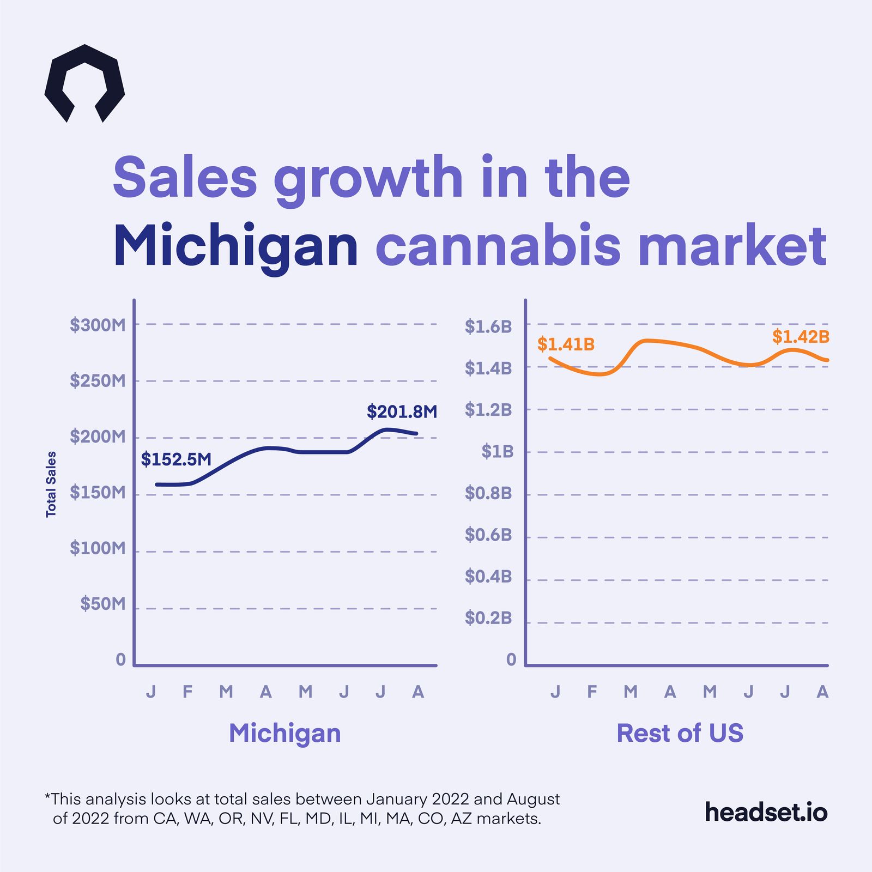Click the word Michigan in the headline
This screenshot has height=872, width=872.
[235, 246]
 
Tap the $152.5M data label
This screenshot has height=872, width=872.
[176, 459]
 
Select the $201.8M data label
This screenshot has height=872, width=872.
[402, 411]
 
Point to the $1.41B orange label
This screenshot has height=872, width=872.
[566, 344]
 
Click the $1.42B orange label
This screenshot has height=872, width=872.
[800, 337]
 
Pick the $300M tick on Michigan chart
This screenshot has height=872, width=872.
[98, 325]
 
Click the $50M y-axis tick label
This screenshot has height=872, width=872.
[102, 604]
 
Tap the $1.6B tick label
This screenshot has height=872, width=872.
[488, 326]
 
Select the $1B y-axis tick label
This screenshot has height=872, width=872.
[497, 452]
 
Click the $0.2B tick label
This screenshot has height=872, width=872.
[488, 618]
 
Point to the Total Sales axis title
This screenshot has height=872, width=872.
[51, 484]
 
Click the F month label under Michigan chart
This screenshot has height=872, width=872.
[187, 692]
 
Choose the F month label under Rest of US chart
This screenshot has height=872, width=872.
[592, 692]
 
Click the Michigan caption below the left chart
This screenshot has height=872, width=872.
[284, 733]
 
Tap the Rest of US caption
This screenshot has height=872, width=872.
[680, 733]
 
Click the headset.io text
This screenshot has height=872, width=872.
[766, 812]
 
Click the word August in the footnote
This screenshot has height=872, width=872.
[533, 799]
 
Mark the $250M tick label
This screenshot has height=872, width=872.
[98, 381]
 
